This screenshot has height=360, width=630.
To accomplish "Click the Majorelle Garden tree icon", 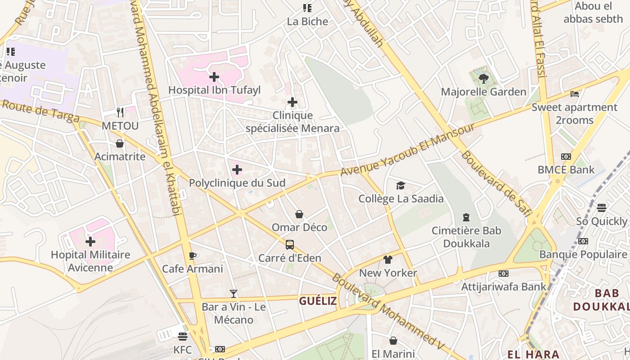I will click(x=484, y=79).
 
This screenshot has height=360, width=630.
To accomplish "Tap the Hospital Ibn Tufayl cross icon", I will click(x=214, y=77).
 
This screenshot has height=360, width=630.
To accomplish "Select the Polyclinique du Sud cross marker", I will click(x=237, y=170).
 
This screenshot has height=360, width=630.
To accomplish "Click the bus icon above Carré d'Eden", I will click(x=290, y=245).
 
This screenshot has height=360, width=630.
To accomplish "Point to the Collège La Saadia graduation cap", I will click(x=400, y=185).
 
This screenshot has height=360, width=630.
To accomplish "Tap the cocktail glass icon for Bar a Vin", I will click(x=233, y=294).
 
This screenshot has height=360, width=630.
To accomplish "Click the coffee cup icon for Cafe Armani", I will click(x=193, y=256).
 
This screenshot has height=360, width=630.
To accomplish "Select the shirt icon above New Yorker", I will click(x=388, y=260).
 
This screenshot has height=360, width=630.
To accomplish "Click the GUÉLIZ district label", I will click(x=318, y=301).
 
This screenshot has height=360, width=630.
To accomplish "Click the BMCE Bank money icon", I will click(x=566, y=157).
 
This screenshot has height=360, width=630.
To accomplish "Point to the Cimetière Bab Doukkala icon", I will click(x=466, y=218).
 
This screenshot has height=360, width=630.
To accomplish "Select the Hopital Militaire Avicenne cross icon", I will click(x=90, y=242).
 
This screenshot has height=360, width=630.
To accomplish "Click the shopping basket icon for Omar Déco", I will click(x=299, y=214).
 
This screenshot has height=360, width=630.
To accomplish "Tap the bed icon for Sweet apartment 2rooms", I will click(x=575, y=94).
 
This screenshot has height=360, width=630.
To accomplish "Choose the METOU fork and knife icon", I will click(x=120, y=112).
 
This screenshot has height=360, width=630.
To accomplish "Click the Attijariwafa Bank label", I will click(x=504, y=286).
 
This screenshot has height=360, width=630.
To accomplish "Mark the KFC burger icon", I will click(x=182, y=337).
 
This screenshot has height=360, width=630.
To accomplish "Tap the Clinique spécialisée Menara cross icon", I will click(x=292, y=103).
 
